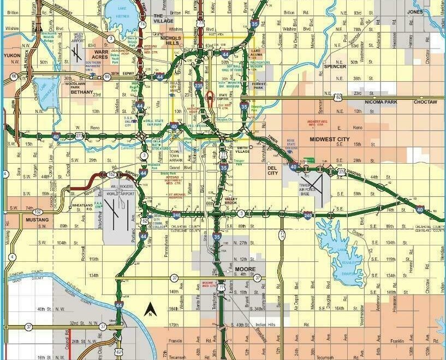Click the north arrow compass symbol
(150, 310)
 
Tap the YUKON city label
(11, 55)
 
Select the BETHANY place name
(82, 92)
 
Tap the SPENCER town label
(335, 67)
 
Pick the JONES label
(415, 11)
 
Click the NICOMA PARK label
(380, 102)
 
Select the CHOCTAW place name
(425, 102)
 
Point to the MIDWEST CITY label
(329, 139)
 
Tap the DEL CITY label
(272, 171)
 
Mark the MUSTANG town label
(37, 220)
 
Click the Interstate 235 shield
(198, 85)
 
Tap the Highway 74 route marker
(142, 25)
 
